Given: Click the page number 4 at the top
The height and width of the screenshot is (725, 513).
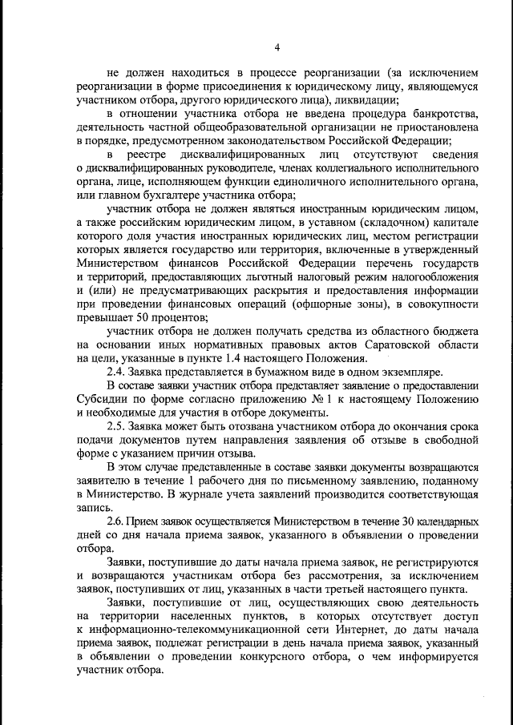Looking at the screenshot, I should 277,47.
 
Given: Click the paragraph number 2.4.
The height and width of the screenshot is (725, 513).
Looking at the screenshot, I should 116,372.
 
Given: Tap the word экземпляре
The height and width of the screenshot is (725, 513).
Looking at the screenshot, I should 406,372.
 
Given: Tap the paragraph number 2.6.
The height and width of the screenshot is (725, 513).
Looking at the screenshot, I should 116,522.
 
